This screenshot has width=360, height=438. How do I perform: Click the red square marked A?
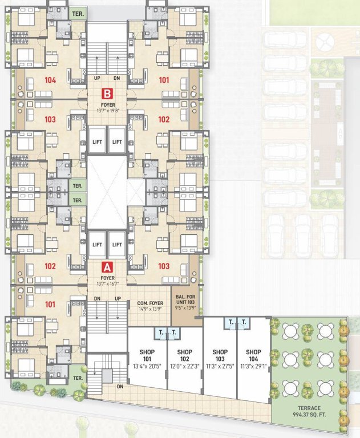pos(106,266)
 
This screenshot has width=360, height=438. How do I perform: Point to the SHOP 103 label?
pos(220,352)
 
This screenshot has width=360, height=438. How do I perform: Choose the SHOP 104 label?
pos(253,352)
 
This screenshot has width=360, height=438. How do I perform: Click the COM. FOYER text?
pos(151,303)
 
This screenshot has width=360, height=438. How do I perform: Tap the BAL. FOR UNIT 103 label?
pos(188,300)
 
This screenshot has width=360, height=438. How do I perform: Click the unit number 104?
pos(50,80)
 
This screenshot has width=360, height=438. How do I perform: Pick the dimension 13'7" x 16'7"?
pos(107,285)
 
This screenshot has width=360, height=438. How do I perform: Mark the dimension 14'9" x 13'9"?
pos(151,310)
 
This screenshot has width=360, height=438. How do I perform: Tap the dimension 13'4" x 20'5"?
pos(147,366)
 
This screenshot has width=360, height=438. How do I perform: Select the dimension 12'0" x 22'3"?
pos(184,366)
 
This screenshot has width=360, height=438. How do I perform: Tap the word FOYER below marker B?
pos(107,106)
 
